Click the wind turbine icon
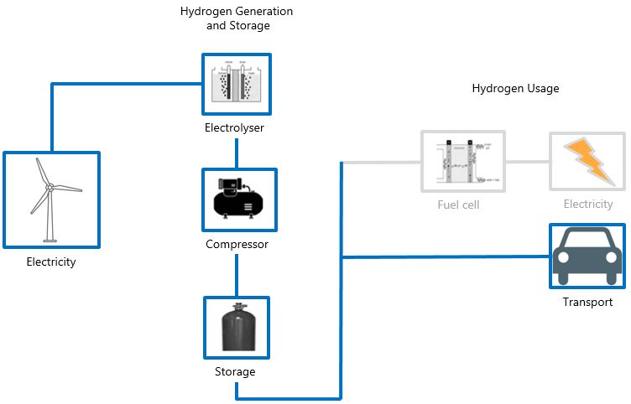point(50,199)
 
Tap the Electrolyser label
point(236,128)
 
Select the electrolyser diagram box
point(237,84)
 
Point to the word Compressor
point(237,245)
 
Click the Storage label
point(235,371)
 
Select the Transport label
point(587,303)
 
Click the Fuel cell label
point(458,205)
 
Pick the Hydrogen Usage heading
point(515,88)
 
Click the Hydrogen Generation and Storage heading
point(237,18)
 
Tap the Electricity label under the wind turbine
point(51,262)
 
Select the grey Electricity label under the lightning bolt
point(588,205)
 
